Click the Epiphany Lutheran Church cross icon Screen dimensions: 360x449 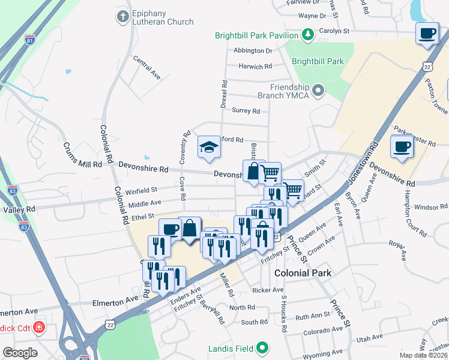(123, 16)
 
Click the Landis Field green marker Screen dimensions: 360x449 (262, 347)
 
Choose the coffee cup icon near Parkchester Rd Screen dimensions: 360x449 (402, 146)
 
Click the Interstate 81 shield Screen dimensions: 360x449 (30, 40)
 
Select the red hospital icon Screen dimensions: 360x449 (39, 328)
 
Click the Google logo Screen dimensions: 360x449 (19, 353)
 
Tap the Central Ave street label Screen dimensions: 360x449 (148, 68)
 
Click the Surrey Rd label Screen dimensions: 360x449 (246, 111)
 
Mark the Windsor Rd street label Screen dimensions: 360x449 (431, 207)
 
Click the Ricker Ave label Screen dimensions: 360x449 (268, 290)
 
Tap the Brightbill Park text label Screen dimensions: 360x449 (318, 61)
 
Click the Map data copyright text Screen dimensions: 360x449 (424, 355)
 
